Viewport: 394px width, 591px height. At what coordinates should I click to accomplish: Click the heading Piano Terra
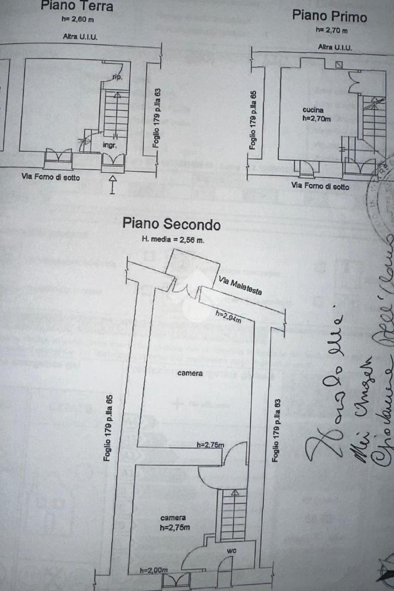pos(76,6)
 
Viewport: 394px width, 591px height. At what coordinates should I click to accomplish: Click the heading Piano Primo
pos(329,16)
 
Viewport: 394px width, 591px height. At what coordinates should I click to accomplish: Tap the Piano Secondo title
pos(171,224)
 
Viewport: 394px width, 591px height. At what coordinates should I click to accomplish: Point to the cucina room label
pos(313,110)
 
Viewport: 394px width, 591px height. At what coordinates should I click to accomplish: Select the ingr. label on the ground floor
pos(110,146)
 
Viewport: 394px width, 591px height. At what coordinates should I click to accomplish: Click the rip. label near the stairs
pos(117,77)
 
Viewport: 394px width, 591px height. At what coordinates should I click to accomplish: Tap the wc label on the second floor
pos(231,551)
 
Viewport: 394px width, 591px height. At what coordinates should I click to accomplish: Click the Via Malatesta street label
pos(241,285)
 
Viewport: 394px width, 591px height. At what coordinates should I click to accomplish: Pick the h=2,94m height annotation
pos(228,315)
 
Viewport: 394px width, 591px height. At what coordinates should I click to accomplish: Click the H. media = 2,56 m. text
pos(173,239)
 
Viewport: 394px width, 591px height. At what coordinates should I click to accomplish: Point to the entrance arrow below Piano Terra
pos(112,185)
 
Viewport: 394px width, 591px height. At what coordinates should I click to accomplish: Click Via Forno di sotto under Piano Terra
pos(51,177)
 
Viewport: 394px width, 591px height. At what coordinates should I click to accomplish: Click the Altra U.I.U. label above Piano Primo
pos(335,47)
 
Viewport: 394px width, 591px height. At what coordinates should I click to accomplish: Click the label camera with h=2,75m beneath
pos(173,518)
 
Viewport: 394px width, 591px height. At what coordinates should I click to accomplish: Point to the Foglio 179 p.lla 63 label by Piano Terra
pos(157,117)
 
